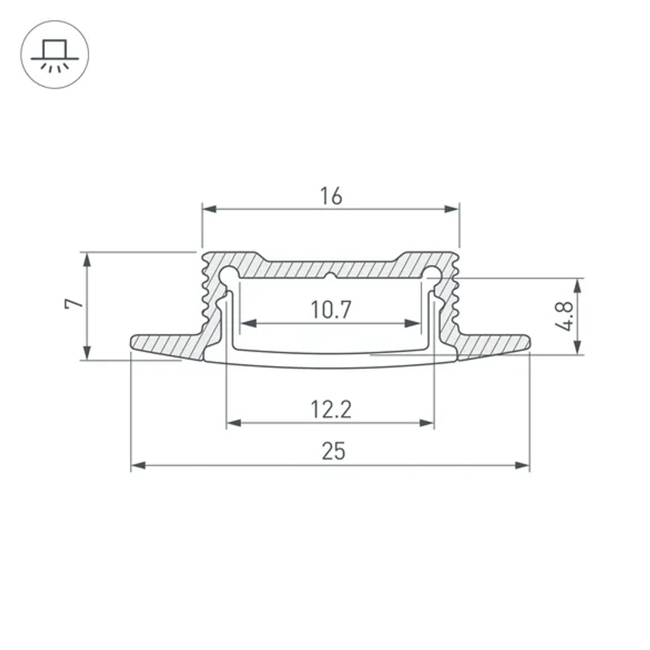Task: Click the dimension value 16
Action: point(331,196)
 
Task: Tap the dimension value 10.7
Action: point(330,310)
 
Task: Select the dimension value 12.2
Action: point(330,409)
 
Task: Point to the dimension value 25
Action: point(331,451)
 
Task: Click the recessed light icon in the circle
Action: point(55,55)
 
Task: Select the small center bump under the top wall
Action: point(331,277)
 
